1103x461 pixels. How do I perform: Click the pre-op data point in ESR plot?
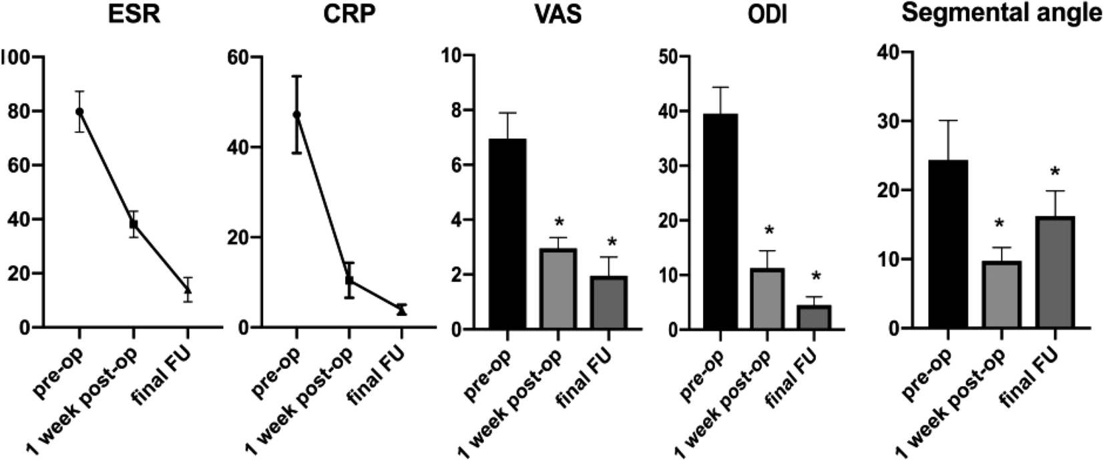tap(79, 112)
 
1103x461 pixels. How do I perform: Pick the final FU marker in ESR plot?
tap(188, 290)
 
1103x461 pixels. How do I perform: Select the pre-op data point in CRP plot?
tap(297, 115)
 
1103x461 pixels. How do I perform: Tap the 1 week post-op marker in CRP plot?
tap(349, 280)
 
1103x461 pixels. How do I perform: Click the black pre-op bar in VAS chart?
tap(507, 234)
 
